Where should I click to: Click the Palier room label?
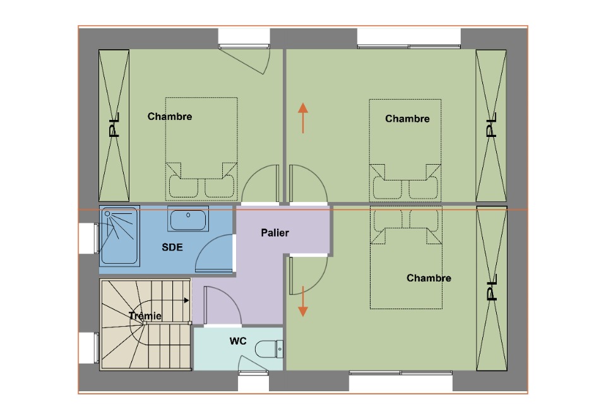tap(275, 233)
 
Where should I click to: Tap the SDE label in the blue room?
tap(172, 247)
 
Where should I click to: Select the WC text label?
tap(238, 341)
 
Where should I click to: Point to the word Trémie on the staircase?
tap(145, 316)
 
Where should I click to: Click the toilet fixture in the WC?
tap(269, 349)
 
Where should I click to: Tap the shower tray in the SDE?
tap(119, 235)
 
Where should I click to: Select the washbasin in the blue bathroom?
tap(188, 219)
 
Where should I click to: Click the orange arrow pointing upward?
tap(303, 118)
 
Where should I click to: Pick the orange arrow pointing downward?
tap(303, 302)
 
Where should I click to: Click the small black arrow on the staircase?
tap(187, 300)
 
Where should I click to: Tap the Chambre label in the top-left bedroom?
tap(170, 116)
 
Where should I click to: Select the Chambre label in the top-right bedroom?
tap(407, 119)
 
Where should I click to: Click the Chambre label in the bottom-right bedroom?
tap(429, 278)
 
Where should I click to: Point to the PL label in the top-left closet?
tap(114, 125)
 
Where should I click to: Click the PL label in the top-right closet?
tap(491, 125)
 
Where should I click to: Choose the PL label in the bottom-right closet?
tap(491, 287)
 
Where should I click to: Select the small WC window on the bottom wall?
tap(254, 373)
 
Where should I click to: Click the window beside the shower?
tap(96, 239)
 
